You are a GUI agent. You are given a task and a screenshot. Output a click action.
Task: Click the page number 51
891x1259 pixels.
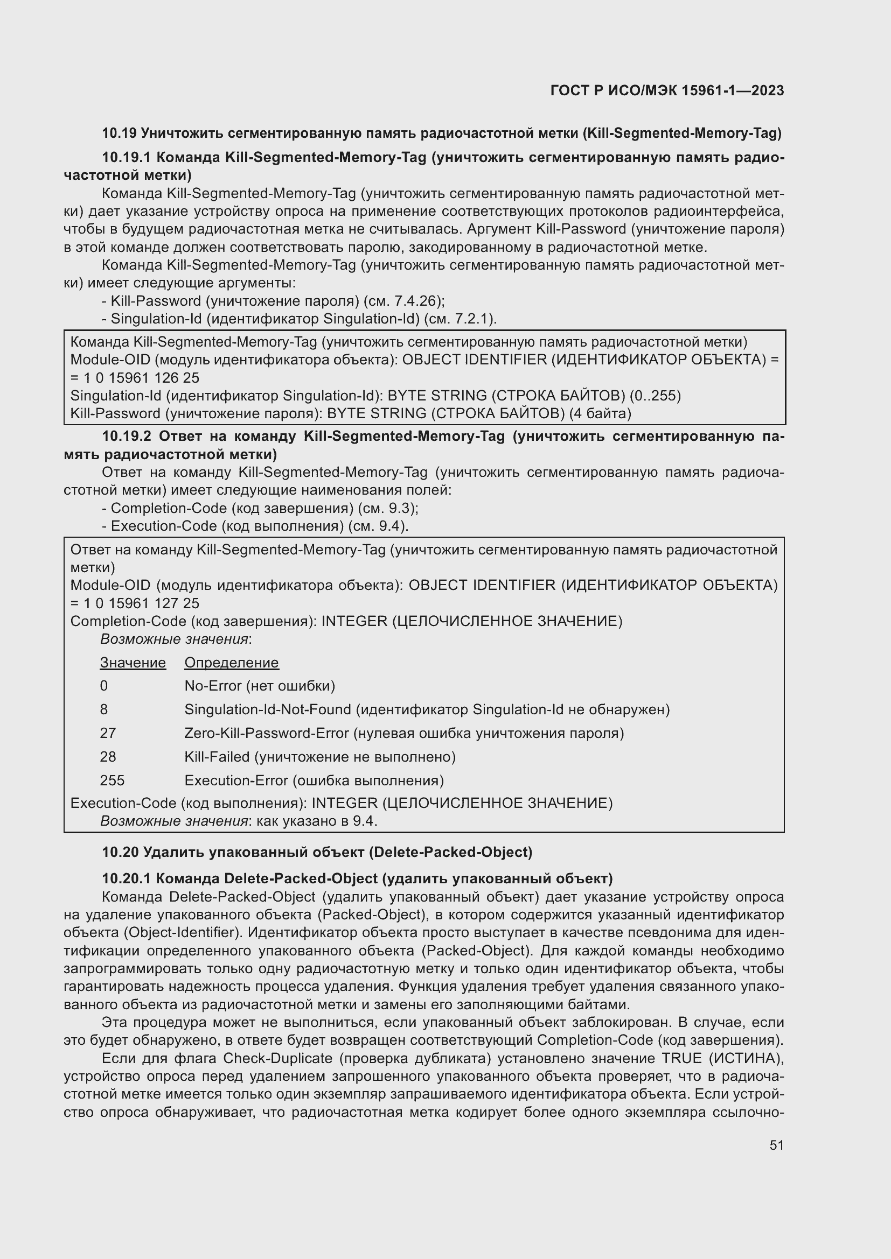(776, 1145)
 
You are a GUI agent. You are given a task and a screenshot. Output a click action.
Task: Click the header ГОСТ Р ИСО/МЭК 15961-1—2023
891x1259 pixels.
(667, 91)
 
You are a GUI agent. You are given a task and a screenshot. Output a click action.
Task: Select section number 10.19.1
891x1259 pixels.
(126, 158)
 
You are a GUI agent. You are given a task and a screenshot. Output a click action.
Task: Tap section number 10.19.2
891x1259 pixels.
(126, 437)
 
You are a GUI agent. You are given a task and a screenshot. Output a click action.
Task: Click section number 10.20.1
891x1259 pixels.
(126, 878)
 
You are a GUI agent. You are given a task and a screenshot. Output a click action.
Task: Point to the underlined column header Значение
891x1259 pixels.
(133, 663)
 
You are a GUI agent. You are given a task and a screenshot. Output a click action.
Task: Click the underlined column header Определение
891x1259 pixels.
(232, 663)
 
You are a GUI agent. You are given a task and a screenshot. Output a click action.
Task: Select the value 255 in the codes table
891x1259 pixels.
(112, 780)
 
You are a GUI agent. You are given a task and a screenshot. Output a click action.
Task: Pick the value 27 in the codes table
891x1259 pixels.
(108, 733)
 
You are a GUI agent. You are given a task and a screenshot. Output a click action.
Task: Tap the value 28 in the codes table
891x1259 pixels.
(108, 757)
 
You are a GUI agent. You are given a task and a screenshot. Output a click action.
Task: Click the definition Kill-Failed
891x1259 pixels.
(217, 757)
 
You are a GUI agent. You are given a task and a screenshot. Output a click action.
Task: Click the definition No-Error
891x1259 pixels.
(212, 686)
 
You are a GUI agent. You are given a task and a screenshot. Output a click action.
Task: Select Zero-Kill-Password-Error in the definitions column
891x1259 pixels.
(267, 733)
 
